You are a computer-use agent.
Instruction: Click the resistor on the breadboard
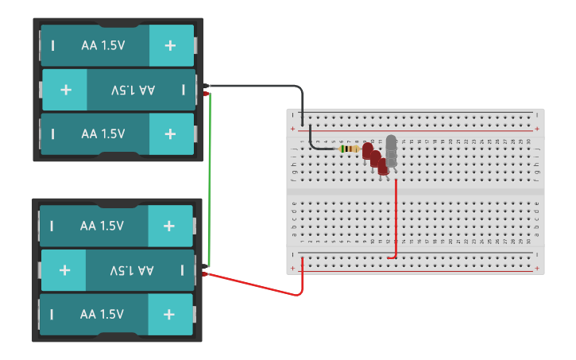348,149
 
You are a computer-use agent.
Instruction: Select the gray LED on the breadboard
391,146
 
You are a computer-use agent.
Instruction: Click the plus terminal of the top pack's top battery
170,45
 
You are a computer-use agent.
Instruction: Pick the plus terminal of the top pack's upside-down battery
65,90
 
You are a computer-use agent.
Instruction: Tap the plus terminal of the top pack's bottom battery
170,134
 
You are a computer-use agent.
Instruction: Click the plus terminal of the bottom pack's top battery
168,226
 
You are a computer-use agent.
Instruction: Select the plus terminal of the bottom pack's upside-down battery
64,270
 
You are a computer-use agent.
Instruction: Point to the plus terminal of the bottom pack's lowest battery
168,314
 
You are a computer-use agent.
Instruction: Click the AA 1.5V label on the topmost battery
102,45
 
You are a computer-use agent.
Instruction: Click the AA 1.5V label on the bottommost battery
102,314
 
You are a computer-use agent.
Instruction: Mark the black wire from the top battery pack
262,86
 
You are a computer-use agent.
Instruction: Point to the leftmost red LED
367,150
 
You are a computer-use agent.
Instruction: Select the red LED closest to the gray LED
382,165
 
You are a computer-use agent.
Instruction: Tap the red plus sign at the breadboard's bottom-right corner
538,269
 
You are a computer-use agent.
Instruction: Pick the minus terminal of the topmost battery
53,45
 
